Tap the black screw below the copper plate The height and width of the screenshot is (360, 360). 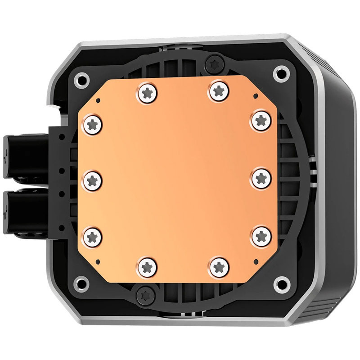145,295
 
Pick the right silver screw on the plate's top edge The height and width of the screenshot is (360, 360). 218,91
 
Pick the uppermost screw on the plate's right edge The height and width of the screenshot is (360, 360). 261,120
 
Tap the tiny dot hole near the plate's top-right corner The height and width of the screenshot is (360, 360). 256,95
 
